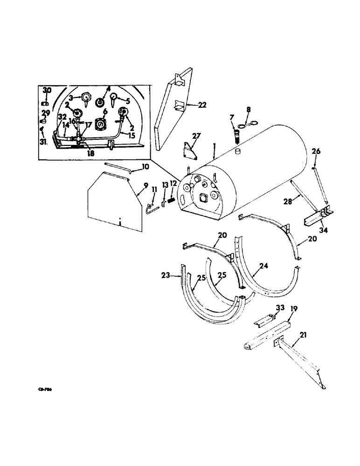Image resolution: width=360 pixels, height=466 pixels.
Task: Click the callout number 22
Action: click(202, 105)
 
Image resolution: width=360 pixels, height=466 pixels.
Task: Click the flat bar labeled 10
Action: click(117, 167)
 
